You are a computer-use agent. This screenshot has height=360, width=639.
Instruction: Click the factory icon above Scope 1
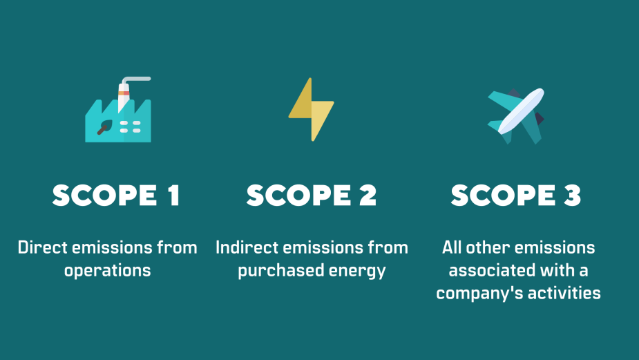tap(117, 114)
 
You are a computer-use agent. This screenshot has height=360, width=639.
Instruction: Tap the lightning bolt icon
tap(311, 109)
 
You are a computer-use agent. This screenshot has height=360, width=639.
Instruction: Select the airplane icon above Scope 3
tap(516, 114)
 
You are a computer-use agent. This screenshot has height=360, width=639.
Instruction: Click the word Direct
tap(41, 247)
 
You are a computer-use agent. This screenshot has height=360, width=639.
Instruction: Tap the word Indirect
tap(245, 247)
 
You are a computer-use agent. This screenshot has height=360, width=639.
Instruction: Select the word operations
tap(107, 270)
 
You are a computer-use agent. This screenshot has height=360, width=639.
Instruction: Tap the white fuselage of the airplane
tap(520, 111)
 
